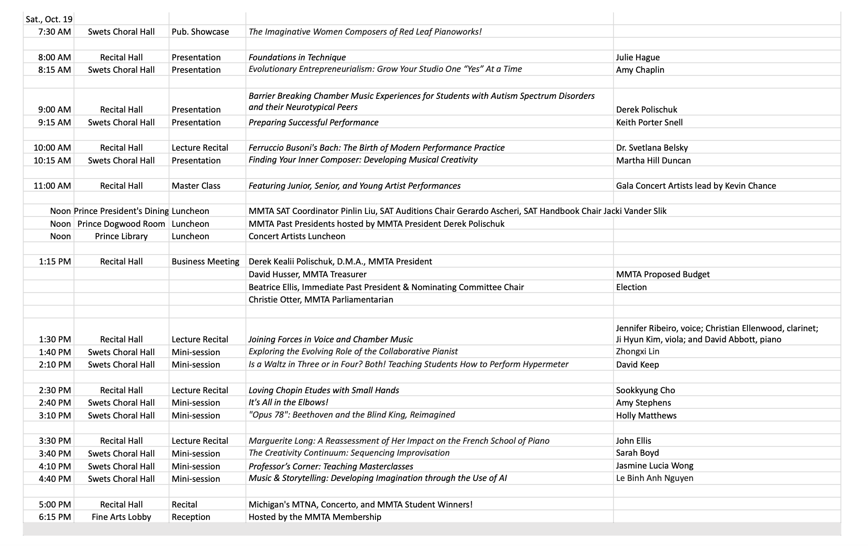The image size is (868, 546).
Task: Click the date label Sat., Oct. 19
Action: click(49, 19)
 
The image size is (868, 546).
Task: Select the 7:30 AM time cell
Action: click(54, 32)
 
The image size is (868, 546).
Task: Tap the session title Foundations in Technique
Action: click(297, 57)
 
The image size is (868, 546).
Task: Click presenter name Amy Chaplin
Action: click(640, 70)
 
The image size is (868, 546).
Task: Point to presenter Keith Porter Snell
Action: click(649, 122)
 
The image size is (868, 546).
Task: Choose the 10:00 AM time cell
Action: click(52, 148)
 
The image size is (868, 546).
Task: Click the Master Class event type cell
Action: click(196, 186)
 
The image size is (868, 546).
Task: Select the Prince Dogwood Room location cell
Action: click(121, 224)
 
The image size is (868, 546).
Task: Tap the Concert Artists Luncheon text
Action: click(297, 236)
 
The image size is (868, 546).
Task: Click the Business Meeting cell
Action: click(205, 261)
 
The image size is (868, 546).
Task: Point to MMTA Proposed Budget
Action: click(663, 274)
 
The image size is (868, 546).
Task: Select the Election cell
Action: click(631, 287)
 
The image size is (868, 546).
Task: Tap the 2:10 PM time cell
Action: click(54, 365)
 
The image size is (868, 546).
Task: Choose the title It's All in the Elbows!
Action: click(288, 402)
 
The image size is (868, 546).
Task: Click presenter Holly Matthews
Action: click(646, 415)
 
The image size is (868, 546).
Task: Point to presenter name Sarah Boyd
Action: click(637, 453)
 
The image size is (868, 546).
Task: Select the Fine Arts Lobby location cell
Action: click(121, 517)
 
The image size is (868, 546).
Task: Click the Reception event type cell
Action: click(191, 517)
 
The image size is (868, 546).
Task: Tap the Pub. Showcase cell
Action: click(200, 32)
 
